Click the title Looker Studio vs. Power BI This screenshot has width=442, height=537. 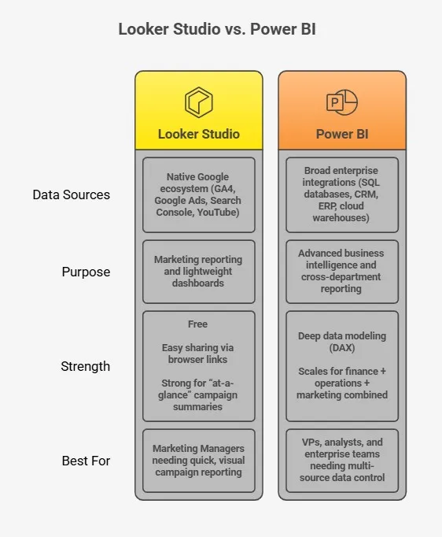pyautogui.click(x=221, y=29)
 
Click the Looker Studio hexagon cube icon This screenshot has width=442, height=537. pyautogui.click(x=198, y=102)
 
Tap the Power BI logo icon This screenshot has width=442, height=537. pyautogui.click(x=341, y=102)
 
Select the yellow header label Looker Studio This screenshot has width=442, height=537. pyautogui.click(x=198, y=134)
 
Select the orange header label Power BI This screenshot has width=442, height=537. pyautogui.click(x=342, y=134)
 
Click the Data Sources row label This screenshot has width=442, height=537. pyautogui.click(x=72, y=194)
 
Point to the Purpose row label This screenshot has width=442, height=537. pyautogui.click(x=86, y=272)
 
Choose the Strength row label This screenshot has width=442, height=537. pyautogui.click(x=86, y=366)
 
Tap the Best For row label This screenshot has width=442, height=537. pyautogui.click(x=86, y=461)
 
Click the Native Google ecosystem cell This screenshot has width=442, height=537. pyautogui.click(x=198, y=194)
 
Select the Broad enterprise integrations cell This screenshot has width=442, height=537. pyautogui.click(x=342, y=194)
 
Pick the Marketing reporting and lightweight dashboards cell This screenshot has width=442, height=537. pyautogui.click(x=198, y=272)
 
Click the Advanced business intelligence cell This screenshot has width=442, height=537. pyautogui.click(x=342, y=272)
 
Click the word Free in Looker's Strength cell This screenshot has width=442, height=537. pyautogui.click(x=198, y=324)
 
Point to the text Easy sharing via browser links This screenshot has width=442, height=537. pyautogui.click(x=198, y=354)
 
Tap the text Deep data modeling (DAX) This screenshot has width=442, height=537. pyautogui.click(x=342, y=342)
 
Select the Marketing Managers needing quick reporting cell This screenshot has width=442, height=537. pyautogui.click(x=198, y=461)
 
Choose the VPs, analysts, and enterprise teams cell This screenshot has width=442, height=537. pyautogui.click(x=342, y=461)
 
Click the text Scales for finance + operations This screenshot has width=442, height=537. pyautogui.click(x=342, y=383)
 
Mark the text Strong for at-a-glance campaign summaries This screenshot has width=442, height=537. pyautogui.click(x=198, y=395)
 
